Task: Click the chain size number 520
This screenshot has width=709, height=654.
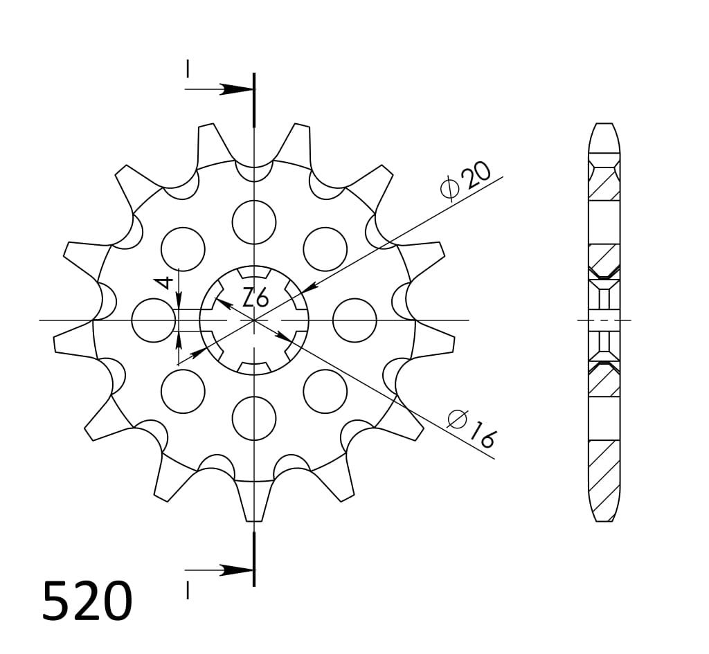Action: [87, 601]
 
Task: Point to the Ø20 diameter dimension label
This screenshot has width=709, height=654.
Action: [465, 180]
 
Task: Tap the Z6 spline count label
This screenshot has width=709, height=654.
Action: [255, 298]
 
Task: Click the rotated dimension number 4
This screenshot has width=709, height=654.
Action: [164, 282]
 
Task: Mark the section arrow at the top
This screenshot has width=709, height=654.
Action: [235, 89]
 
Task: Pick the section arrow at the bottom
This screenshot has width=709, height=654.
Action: [235, 570]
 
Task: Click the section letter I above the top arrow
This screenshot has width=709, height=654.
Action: [187, 68]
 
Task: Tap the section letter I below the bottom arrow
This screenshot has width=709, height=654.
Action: [187, 590]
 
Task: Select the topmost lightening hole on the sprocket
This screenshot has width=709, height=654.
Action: [254, 222]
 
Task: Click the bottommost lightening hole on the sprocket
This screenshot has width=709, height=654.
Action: [254, 419]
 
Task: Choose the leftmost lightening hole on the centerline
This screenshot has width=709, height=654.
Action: [153, 320]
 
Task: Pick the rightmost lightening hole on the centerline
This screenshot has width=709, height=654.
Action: [354, 320]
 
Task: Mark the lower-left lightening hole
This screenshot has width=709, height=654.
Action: [183, 391]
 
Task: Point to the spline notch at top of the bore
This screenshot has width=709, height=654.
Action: [254, 271]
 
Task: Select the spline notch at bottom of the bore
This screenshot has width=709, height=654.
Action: [254, 367]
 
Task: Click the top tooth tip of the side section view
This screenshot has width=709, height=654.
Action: [604, 135]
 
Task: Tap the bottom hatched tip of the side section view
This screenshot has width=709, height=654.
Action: [604, 498]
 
